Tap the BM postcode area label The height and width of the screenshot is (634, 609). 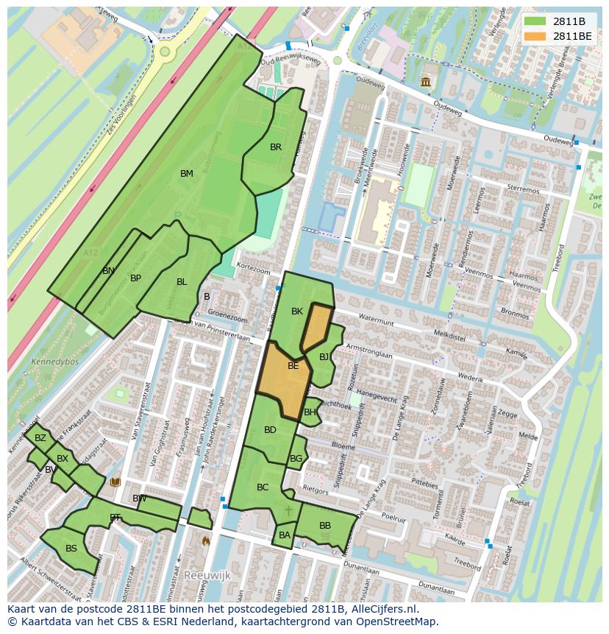click(187, 174)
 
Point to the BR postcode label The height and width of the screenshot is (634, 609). click(276, 147)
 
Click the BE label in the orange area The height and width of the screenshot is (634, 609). click(293, 366)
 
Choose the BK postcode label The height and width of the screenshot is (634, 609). click(297, 311)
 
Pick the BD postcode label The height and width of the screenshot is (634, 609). click(270, 430)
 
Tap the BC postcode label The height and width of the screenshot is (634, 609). click(263, 487)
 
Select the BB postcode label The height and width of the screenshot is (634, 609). click(324, 526)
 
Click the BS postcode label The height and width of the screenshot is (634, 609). click(71, 549)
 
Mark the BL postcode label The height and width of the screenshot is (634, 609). click(182, 282)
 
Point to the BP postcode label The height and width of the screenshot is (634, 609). click(135, 278)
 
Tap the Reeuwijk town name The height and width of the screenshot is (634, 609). click(207, 574)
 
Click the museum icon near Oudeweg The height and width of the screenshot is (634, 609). click(426, 81)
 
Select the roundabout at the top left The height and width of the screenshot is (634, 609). click(164, 52)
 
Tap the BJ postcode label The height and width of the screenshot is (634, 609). click(324, 357)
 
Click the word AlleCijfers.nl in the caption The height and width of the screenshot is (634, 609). click(384, 610)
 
